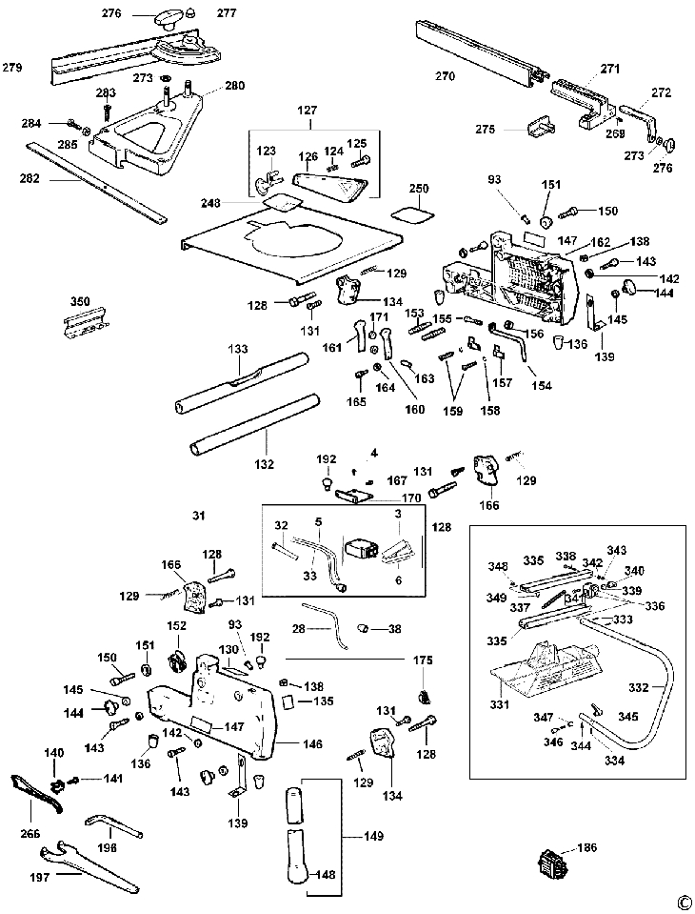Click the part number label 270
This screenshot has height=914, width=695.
point(445,75)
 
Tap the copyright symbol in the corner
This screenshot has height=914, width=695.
point(682,902)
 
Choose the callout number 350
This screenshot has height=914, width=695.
point(80,302)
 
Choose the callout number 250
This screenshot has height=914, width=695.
point(420,189)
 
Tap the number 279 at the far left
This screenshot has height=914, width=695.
point(12,68)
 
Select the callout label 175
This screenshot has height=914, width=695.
point(423,660)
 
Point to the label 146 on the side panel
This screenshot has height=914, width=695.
point(312,743)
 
